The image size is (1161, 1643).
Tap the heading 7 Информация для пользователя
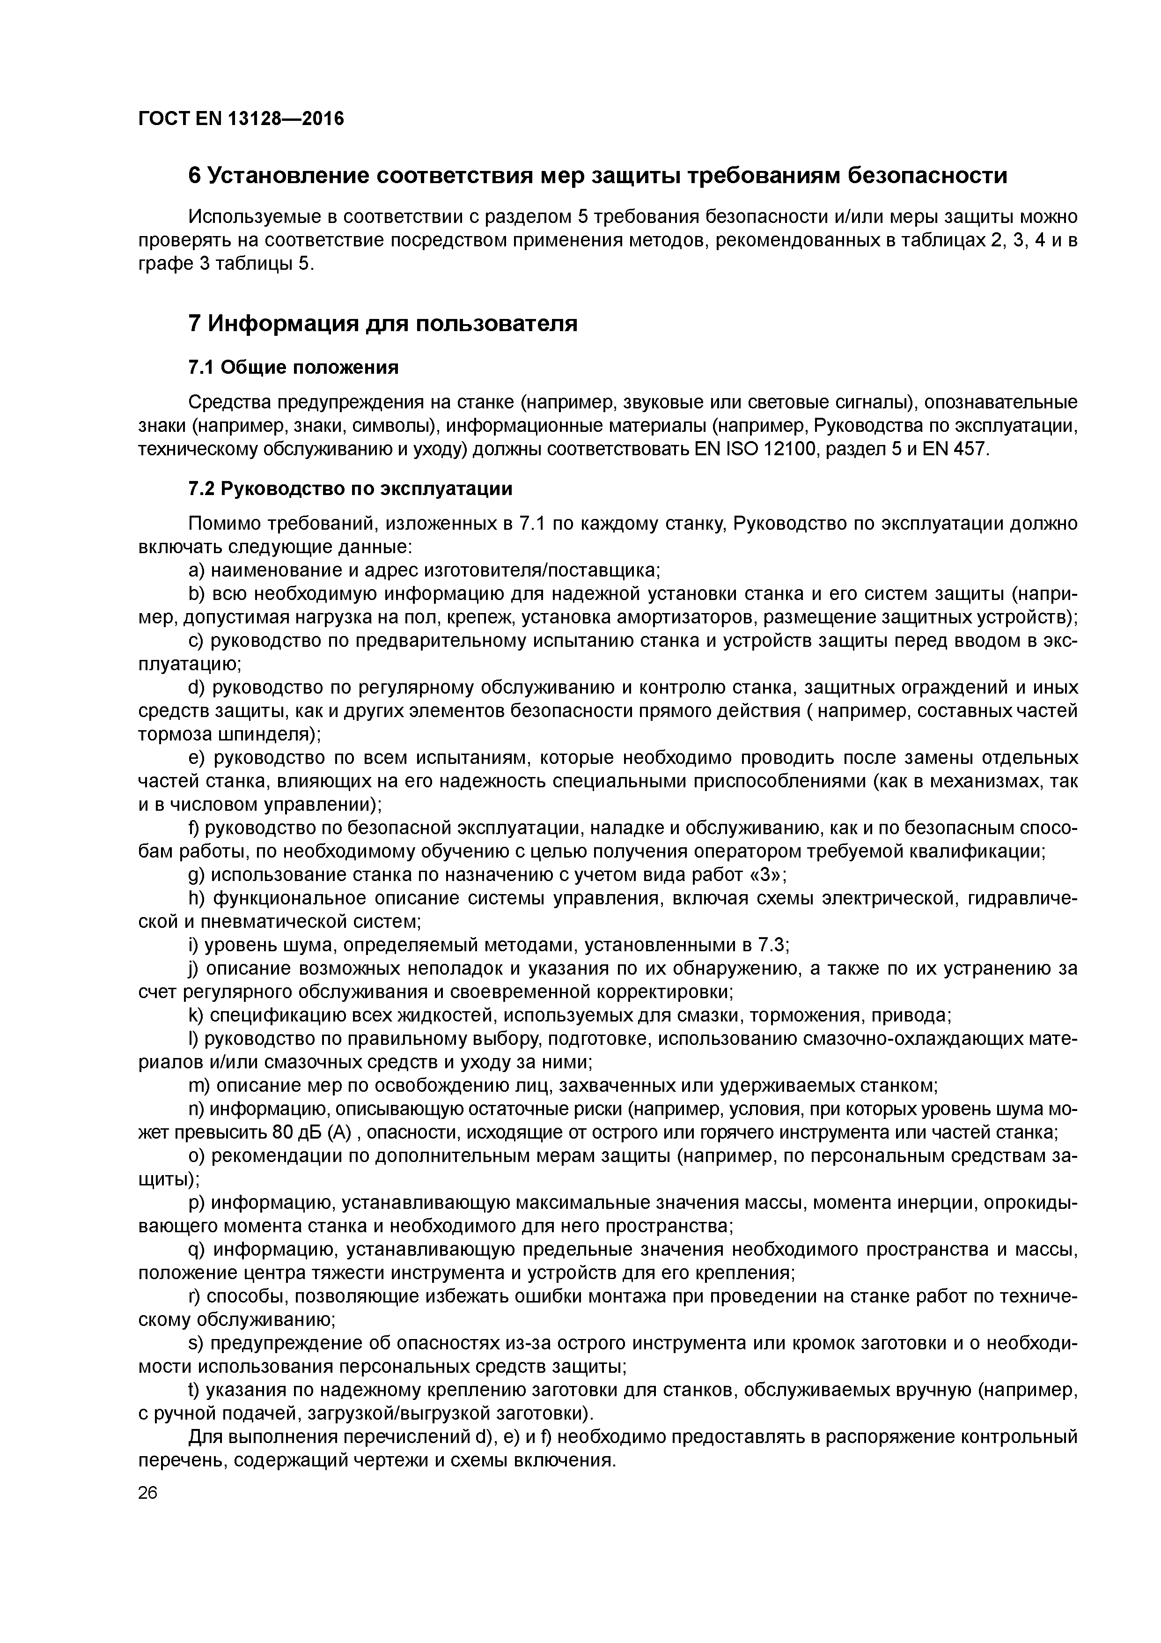click(x=382, y=324)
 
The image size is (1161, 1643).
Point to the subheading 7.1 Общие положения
click(x=293, y=368)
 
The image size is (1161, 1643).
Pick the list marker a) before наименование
click(x=196, y=570)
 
